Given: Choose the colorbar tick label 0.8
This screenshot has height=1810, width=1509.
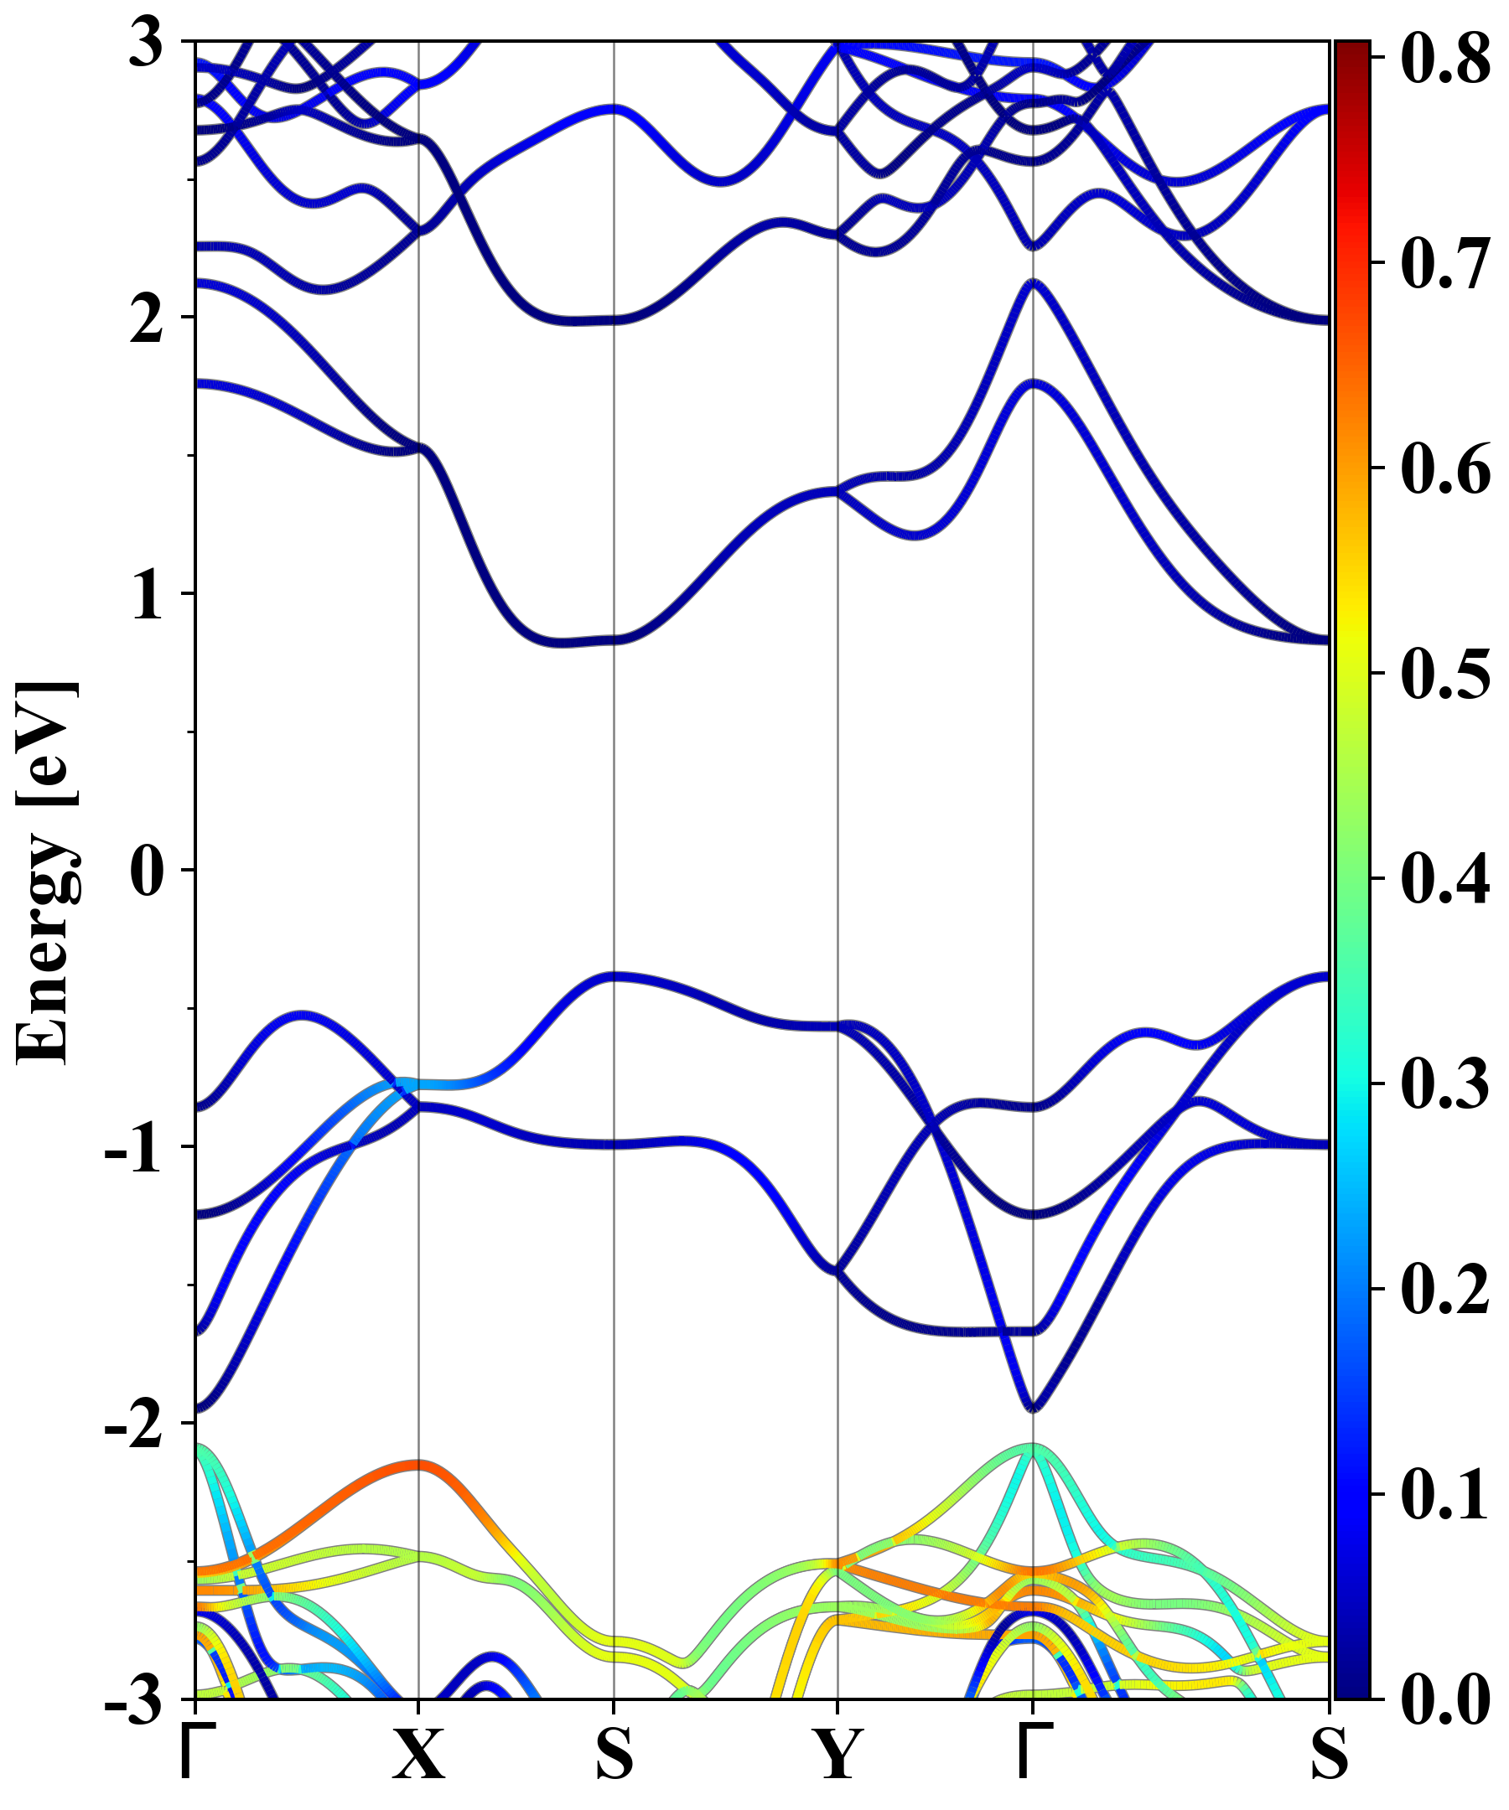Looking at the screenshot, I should (x=1445, y=59).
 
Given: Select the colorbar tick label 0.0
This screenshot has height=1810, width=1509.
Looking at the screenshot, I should (x=1445, y=1698).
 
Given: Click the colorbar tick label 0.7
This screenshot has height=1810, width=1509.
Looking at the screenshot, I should (x=1445, y=263).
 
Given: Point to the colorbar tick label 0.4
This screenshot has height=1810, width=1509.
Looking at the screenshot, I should (x=1445, y=878).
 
